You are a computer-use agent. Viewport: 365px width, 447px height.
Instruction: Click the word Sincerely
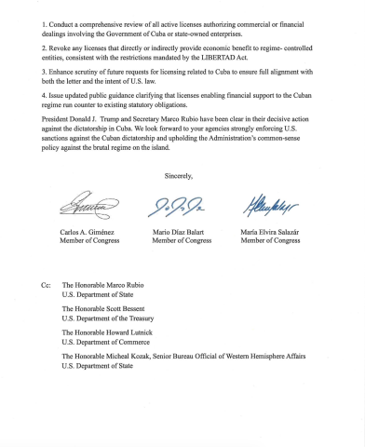click(181, 176)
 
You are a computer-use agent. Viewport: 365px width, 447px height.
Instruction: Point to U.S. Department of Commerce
click(107, 342)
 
